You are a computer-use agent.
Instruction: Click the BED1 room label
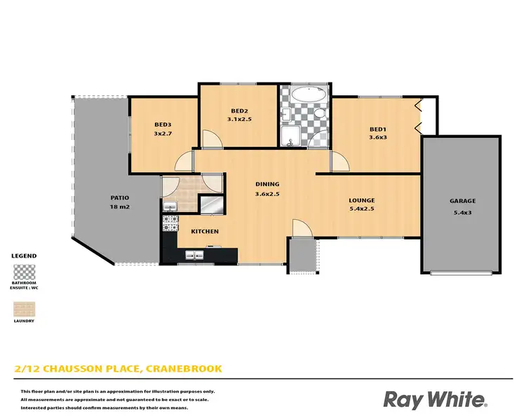coord(378,129)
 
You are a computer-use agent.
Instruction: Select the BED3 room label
coord(163,125)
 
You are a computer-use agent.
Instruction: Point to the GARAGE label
coord(461,201)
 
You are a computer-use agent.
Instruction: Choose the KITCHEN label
coord(205,231)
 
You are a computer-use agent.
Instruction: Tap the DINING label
coord(267,185)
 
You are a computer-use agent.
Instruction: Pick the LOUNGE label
coord(362,201)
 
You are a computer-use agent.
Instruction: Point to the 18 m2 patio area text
coord(117,207)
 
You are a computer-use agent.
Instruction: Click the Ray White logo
coord(434,399)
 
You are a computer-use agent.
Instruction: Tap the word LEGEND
coord(25,256)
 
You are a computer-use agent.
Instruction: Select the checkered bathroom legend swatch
coord(25,272)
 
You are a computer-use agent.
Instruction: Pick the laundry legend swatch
coord(25,308)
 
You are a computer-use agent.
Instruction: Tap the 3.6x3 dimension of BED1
coord(378,138)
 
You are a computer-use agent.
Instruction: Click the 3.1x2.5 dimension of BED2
coord(240,120)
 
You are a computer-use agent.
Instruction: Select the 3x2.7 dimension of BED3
coord(163,134)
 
